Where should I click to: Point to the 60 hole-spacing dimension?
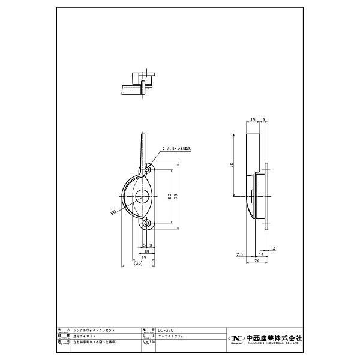pos(169,197)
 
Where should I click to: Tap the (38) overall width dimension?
pos(138,263)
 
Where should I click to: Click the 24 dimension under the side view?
pos(256,262)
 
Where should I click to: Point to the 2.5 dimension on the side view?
pos(239,255)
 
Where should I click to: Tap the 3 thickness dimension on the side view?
pos(274,247)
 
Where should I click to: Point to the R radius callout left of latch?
pos(113,211)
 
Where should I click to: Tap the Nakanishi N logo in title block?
pos(235,337)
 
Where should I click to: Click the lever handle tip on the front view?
pos(143,136)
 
